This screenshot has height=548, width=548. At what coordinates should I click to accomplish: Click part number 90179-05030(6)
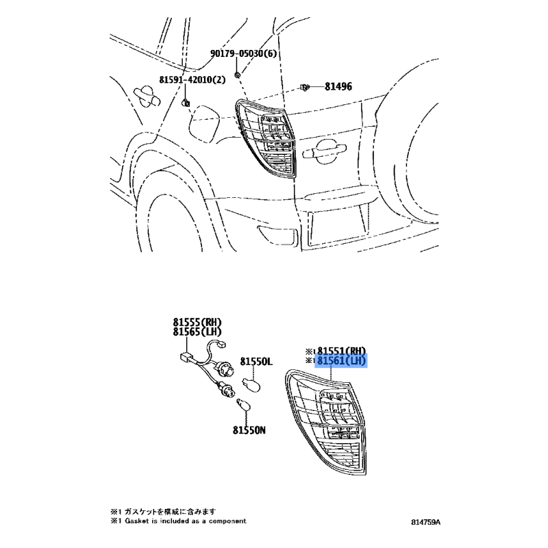pos(243,53)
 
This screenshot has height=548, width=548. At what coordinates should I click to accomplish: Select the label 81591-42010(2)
pos(192,80)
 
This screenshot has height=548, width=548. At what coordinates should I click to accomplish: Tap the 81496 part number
pos(338,86)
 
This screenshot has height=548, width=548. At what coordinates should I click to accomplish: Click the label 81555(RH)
pos(197,322)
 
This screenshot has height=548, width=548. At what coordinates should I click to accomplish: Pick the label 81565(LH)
pos(197,332)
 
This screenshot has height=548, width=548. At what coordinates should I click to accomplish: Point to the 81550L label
pos(256,362)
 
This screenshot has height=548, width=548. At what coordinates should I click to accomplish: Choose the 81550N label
pos(249,430)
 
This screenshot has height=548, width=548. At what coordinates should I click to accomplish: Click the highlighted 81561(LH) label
pos(341,361)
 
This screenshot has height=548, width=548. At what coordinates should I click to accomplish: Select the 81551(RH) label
pos(341,351)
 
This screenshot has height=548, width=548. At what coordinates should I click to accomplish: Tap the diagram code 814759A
pos(425,523)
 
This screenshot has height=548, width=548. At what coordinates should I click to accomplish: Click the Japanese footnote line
pos(164,512)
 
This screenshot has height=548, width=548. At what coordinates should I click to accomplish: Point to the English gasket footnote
pos(179,521)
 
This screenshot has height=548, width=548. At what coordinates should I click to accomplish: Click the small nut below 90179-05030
pos(237,75)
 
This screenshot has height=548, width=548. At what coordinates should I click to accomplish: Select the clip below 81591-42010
pos(185,102)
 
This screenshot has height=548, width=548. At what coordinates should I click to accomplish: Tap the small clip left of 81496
pos(305,87)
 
